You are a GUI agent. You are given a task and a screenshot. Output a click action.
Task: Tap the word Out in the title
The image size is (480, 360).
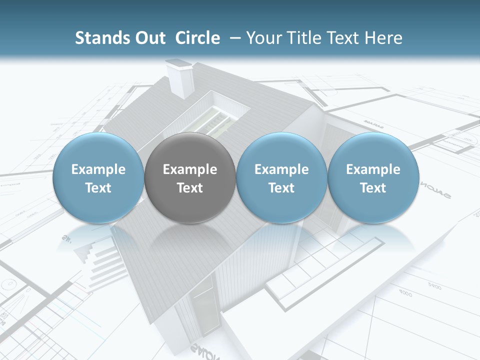coord(148,38)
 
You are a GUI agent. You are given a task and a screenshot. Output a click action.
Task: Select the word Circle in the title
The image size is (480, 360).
coord(197,38)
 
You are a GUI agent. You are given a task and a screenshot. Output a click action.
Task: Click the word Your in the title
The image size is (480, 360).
coord(263,38)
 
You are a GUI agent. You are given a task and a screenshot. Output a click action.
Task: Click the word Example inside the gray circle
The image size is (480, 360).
coord(190,169)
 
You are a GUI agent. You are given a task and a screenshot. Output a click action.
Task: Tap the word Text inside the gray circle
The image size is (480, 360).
coord(190,188)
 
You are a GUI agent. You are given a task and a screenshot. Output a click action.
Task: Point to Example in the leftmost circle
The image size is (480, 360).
coord(98,169)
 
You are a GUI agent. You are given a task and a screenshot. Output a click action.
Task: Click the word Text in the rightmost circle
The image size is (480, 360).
coord(373,188)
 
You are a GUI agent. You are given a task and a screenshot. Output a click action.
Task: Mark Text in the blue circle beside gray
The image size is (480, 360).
coord(281,188)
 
